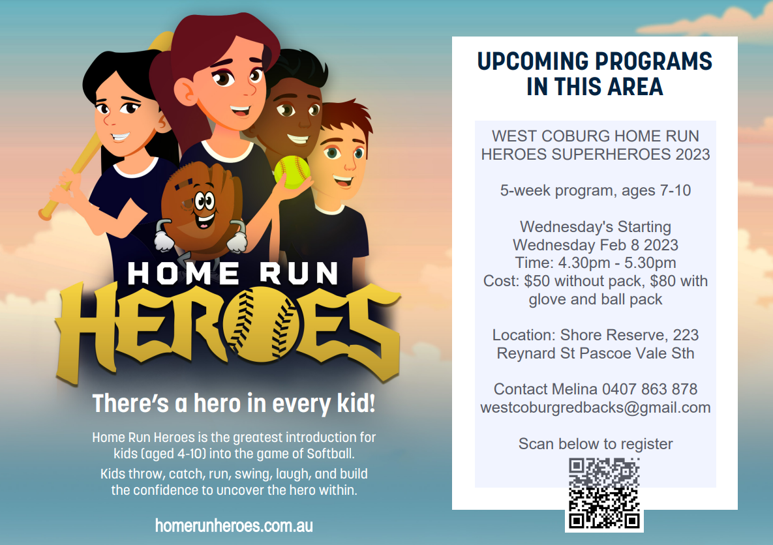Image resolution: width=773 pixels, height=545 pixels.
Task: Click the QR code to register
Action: [x=604, y=493]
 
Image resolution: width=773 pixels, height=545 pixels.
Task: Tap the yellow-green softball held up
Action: [x=292, y=172]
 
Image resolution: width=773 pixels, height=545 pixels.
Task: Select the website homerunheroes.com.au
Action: [x=234, y=526]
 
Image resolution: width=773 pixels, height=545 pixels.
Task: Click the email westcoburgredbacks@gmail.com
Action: [x=596, y=407]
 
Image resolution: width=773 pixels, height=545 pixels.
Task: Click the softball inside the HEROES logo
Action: [x=261, y=324]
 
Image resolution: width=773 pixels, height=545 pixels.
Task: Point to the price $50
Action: [x=536, y=281]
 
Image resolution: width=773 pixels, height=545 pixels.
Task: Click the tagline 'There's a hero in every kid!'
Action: [x=234, y=404]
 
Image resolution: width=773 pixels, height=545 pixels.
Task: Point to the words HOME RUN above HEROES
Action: [x=233, y=273]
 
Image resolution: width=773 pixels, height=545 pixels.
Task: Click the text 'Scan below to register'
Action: [x=596, y=443]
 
